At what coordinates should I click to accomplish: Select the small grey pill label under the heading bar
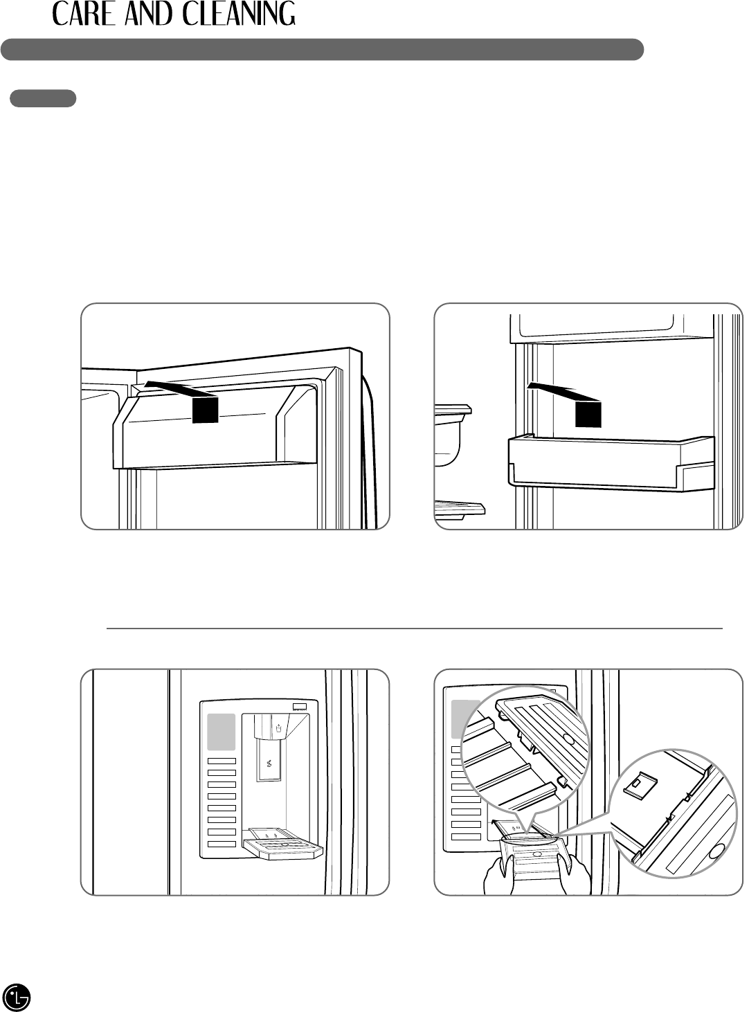(x=43, y=98)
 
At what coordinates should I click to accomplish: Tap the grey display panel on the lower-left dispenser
(x=222, y=732)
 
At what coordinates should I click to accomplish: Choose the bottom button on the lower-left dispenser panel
(x=222, y=844)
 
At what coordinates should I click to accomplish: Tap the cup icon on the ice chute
(x=278, y=728)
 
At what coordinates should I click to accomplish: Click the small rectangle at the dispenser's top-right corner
(x=300, y=707)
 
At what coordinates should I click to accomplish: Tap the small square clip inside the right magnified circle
(x=635, y=784)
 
